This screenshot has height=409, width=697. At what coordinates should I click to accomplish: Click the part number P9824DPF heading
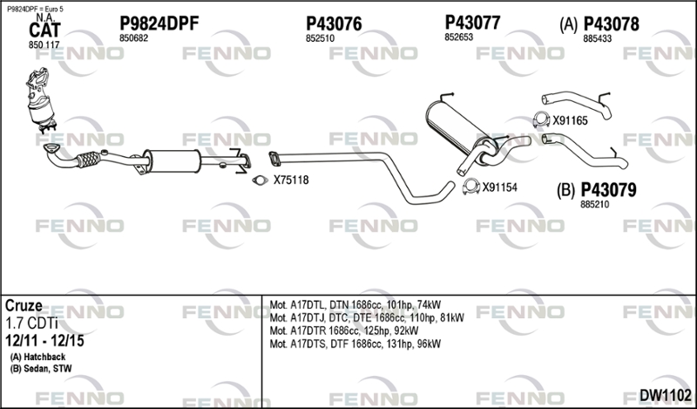click(159, 24)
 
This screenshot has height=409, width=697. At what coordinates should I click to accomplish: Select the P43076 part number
click(334, 24)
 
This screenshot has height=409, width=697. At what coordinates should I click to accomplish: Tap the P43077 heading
click(472, 23)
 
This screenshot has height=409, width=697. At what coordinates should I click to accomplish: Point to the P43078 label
click(612, 24)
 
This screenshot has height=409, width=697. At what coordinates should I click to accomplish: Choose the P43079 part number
click(608, 190)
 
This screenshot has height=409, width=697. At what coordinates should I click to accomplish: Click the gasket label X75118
click(291, 181)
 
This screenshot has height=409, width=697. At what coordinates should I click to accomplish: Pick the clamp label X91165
click(570, 120)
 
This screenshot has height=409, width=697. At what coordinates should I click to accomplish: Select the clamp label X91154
click(500, 187)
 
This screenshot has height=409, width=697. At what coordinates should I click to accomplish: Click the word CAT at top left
click(44, 31)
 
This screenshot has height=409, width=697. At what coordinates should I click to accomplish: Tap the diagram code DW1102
click(666, 395)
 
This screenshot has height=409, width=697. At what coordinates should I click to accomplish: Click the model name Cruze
click(24, 306)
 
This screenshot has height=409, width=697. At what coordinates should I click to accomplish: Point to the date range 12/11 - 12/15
click(44, 341)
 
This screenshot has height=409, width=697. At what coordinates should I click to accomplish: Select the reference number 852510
click(320, 38)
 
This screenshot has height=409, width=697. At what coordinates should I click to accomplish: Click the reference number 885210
click(595, 205)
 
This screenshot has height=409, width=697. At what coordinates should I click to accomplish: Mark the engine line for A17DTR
click(344, 331)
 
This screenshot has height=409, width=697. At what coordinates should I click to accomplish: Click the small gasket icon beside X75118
click(260, 181)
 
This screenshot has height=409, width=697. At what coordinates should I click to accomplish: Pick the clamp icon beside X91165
click(541, 119)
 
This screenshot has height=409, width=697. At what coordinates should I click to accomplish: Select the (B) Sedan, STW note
click(41, 369)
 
